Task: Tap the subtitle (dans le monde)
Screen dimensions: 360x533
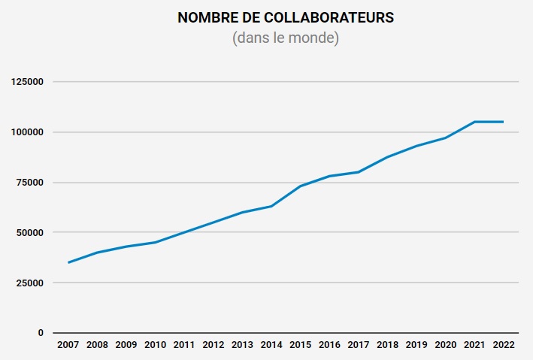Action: click(x=286, y=38)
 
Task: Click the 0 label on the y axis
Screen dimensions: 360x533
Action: click(x=41, y=333)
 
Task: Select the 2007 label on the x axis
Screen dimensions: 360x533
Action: click(x=68, y=345)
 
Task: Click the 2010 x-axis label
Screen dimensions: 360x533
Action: click(x=155, y=345)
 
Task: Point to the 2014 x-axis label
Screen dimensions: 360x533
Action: click(x=271, y=345)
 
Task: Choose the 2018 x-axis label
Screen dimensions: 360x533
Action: click(x=387, y=345)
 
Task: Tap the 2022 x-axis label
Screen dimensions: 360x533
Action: click(x=503, y=345)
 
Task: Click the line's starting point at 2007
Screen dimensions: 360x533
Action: click(x=68, y=262)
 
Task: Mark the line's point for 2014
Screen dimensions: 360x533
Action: click(x=271, y=206)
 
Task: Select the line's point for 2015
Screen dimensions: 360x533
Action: click(x=300, y=186)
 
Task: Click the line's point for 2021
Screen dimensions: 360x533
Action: click(x=474, y=122)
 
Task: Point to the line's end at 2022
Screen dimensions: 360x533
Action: click(x=503, y=122)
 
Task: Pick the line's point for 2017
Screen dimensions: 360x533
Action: click(x=358, y=172)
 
